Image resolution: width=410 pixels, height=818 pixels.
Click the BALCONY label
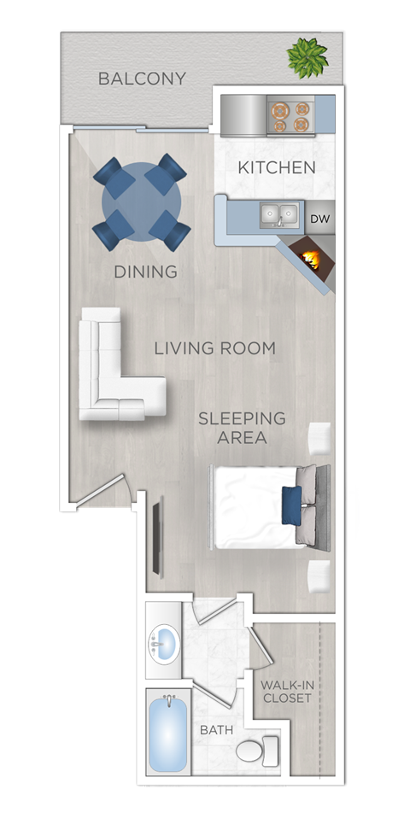tap(142, 79)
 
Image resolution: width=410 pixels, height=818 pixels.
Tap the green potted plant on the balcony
tap(307, 56)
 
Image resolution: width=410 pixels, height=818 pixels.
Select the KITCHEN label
tap(277, 167)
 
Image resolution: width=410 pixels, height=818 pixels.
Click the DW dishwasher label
tap(319, 219)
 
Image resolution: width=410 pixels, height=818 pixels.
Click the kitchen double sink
tap(279, 214)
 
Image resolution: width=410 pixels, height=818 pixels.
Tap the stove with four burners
tap(290, 116)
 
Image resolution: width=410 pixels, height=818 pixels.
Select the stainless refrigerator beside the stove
tap(243, 115)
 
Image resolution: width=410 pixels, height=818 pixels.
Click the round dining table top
tap(141, 201)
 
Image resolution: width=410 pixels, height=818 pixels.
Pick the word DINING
tap(146, 272)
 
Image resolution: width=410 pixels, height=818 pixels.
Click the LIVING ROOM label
tap(215, 348)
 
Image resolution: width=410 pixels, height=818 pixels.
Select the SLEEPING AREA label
tap(242, 427)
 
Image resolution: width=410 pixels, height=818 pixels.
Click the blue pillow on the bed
tap(291, 505)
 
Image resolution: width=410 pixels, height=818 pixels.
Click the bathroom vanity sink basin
tap(163, 643)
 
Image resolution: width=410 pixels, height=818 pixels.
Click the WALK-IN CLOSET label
tap(287, 692)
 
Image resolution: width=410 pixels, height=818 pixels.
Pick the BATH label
tap(216, 730)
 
